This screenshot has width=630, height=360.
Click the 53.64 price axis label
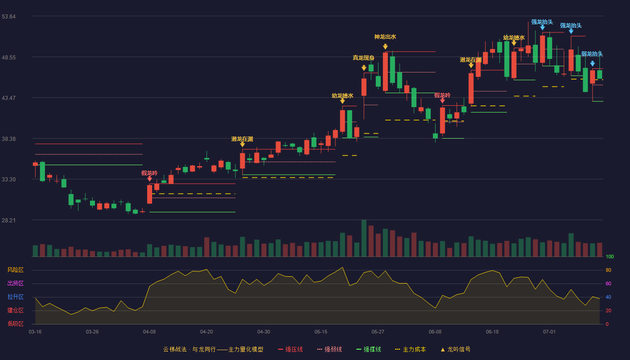point(9,17)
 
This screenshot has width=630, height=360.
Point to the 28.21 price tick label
point(9,220)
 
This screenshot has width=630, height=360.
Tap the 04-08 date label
point(149,332)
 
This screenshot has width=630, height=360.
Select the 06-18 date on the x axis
point(492,332)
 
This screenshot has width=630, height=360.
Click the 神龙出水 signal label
point(385,37)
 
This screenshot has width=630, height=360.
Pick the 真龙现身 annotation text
point(364,58)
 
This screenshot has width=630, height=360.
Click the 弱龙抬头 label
point(592,54)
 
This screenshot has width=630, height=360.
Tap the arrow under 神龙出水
point(385,46)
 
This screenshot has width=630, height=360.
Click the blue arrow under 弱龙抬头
point(593,63)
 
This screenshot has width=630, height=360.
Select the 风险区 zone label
point(15,270)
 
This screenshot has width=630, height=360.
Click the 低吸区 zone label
point(15,324)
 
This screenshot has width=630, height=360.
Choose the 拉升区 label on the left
point(15,297)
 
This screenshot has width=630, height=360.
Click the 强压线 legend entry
point(290,350)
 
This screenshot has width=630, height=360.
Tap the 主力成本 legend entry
point(410,350)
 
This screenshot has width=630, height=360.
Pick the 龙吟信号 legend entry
point(455,350)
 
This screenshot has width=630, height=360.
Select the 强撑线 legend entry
point(369,350)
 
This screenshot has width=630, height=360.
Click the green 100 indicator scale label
point(610,256)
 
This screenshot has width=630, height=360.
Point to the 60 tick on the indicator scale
point(608,283)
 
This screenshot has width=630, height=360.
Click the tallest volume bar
point(364,238)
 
